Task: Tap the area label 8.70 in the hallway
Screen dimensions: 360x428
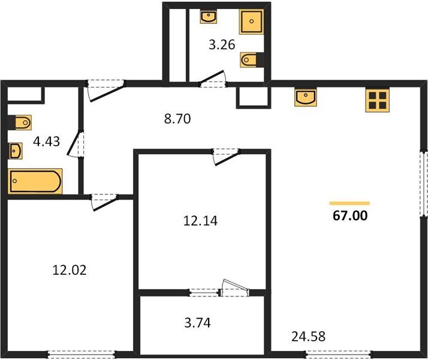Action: click(x=177, y=119)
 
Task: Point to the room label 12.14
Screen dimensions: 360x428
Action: click(x=201, y=220)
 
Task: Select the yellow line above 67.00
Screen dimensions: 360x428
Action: click(x=349, y=203)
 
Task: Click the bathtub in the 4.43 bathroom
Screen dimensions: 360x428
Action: click(x=35, y=181)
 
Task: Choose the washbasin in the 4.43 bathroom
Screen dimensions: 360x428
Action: click(x=16, y=149)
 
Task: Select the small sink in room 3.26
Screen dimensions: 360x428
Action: click(x=209, y=16)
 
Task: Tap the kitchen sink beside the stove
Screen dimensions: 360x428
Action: click(x=306, y=97)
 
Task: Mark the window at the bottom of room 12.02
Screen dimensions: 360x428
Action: click(x=81, y=354)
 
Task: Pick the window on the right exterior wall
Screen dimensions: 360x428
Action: click(x=424, y=184)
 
